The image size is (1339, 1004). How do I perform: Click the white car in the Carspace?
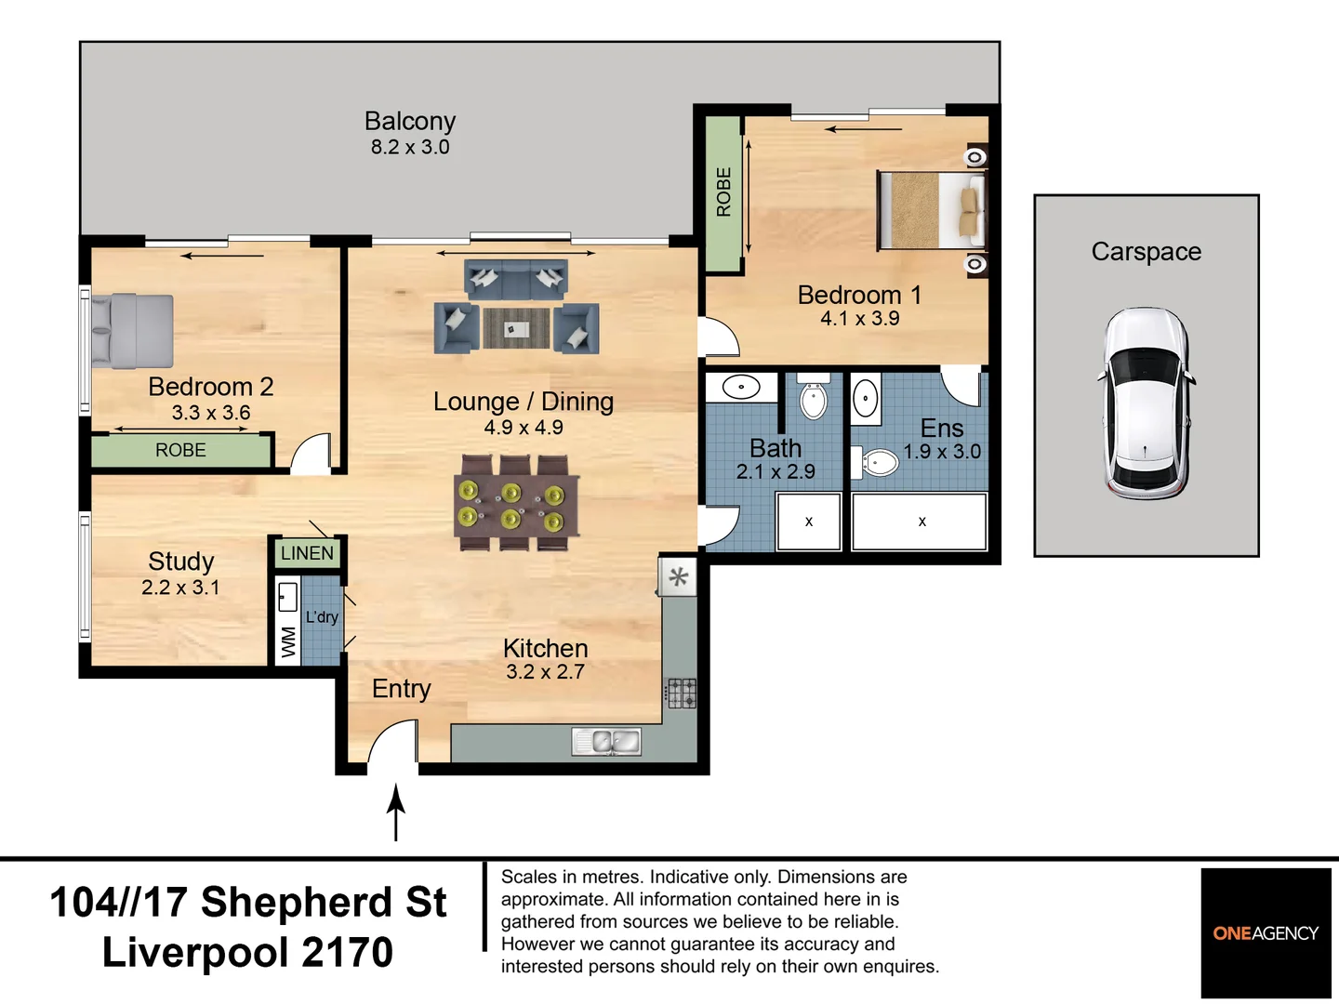[1146, 403]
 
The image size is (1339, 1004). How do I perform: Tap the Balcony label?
[410, 122]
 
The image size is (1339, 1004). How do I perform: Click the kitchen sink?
[606, 742]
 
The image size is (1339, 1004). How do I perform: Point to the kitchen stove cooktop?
[681, 694]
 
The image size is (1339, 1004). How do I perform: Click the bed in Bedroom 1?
[931, 210]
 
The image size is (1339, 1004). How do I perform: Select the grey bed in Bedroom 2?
[132, 331]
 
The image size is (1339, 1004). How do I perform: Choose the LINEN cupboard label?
[307, 554]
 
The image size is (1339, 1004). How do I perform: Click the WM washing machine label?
[288, 642]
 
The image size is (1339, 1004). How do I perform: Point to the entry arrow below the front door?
[396, 812]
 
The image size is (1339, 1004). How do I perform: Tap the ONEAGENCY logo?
[1266, 933]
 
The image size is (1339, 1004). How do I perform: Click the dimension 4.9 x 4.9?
[524, 428]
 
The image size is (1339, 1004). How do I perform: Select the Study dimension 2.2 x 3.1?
[180, 588]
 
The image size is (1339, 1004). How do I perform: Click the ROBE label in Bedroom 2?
[180, 451]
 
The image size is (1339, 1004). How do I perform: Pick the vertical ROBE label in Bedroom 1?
[723, 192]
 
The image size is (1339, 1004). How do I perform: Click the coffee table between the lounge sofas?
[516, 329]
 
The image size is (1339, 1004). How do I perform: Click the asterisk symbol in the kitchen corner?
[679, 577]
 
